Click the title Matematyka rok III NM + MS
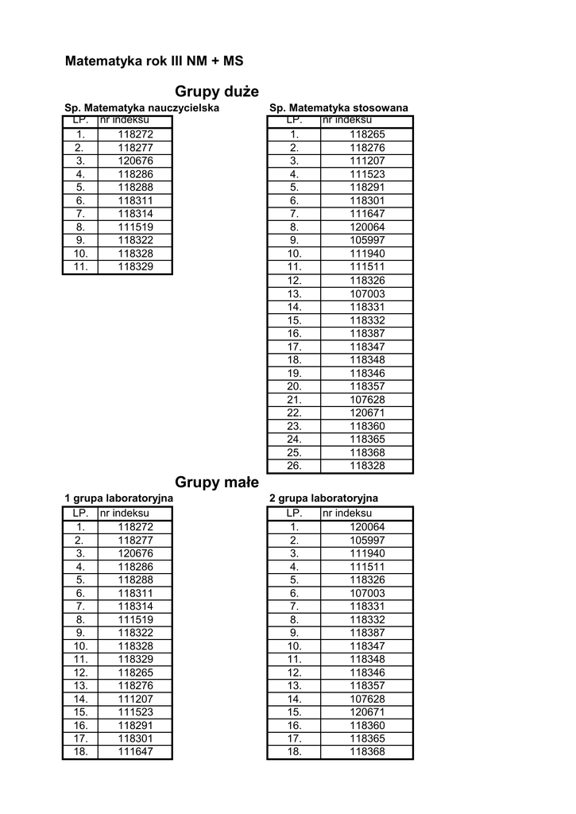pyautogui.click(x=153, y=60)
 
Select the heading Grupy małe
pyautogui.click(x=217, y=482)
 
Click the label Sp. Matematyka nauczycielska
pyautogui.click(x=141, y=107)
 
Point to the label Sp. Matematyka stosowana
pyautogui.click(x=338, y=107)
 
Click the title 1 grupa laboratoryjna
pyautogui.click(x=118, y=498)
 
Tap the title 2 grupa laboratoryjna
pyautogui.click(x=323, y=498)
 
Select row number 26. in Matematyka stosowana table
pyautogui.click(x=294, y=467)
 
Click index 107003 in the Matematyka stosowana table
pyautogui.click(x=367, y=294)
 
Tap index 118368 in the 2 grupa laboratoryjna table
pyautogui.click(x=367, y=752)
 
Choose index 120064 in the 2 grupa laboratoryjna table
pyautogui.click(x=367, y=527)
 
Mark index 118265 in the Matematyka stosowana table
pyautogui.click(x=367, y=134)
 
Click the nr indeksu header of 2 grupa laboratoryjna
pyautogui.click(x=347, y=514)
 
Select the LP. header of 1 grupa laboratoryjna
pyautogui.click(x=80, y=514)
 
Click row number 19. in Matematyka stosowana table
pyautogui.click(x=294, y=374)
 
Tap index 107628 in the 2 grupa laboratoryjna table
pyautogui.click(x=367, y=699)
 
